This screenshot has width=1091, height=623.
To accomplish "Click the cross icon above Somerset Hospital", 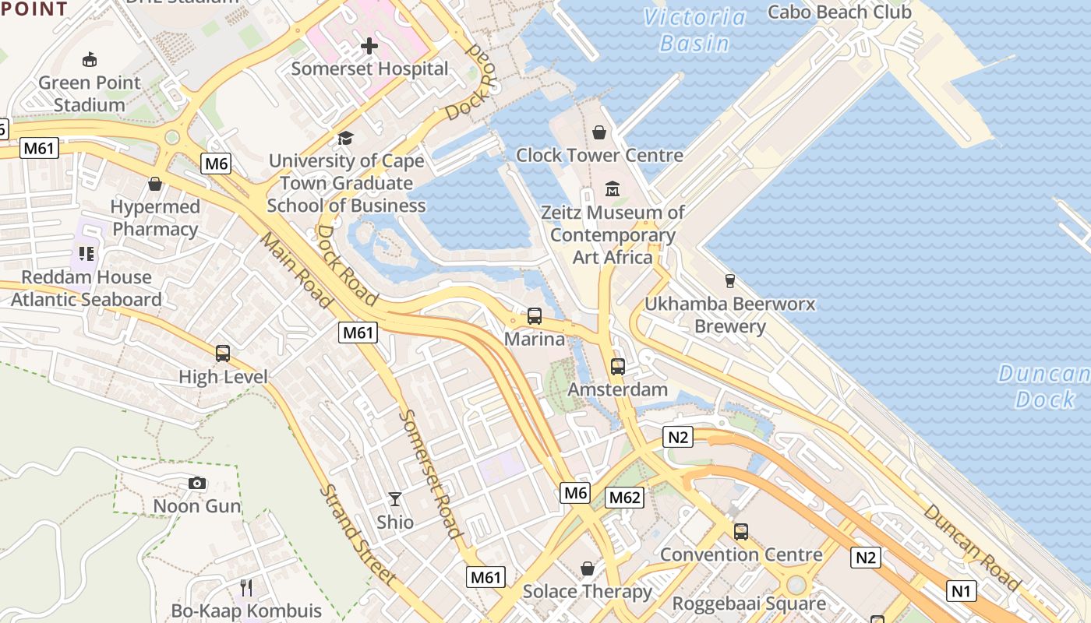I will (x=369, y=47).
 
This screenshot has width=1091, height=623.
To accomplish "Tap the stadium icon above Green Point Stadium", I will (x=90, y=59).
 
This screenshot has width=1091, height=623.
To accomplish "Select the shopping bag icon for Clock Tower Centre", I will (x=599, y=133).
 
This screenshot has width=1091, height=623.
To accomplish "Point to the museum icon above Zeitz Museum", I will (x=613, y=189).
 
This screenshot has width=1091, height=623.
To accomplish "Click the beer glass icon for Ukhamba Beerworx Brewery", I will (x=730, y=281).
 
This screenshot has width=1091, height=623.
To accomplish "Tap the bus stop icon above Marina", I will (x=535, y=316).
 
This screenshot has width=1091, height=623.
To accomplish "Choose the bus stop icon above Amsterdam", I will (x=618, y=366).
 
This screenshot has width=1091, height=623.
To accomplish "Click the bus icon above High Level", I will (x=223, y=354).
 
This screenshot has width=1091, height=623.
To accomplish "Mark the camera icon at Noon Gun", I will (x=197, y=484).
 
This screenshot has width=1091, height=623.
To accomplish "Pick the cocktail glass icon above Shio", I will (x=395, y=498).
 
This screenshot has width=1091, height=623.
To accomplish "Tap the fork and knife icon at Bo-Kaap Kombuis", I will (x=246, y=587).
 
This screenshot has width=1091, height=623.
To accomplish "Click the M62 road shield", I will (x=625, y=498).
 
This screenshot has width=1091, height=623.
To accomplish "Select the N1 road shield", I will (x=962, y=591).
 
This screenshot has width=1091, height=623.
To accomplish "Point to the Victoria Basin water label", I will (x=694, y=30).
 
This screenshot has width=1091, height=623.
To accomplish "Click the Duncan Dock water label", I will (x=1044, y=386).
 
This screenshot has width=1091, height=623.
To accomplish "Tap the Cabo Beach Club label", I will (x=839, y=12).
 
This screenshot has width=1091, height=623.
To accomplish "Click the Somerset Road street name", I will (x=430, y=473).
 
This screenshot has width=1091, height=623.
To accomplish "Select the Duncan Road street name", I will (x=971, y=547).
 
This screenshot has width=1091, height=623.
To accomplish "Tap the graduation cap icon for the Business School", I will (x=345, y=139).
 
